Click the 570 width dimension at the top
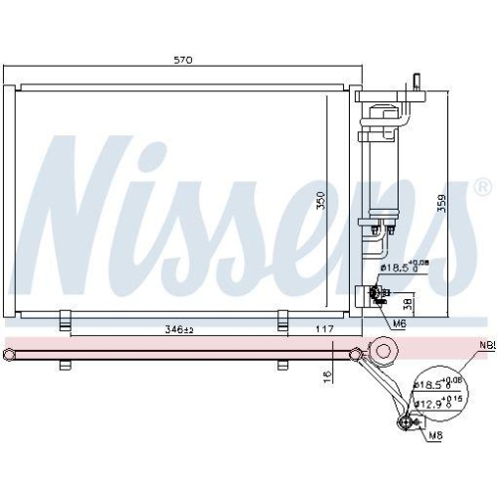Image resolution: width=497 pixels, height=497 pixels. pyautogui.click(x=182, y=61)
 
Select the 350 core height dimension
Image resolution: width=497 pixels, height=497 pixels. pyautogui.click(x=320, y=202)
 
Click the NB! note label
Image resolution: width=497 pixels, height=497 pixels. pyautogui.click(x=485, y=347)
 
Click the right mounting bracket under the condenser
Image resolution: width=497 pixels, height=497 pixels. pyautogui.click(x=283, y=319)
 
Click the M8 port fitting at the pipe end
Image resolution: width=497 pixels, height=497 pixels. pyautogui.click(x=405, y=422)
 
